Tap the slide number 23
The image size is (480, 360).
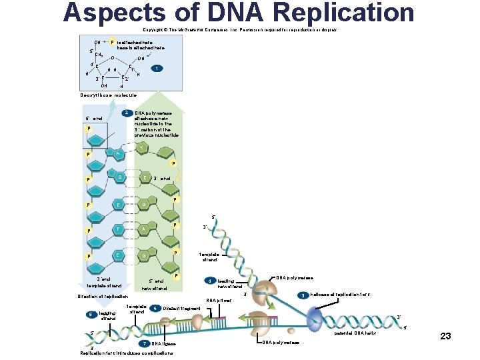445,336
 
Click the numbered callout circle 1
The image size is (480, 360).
155,68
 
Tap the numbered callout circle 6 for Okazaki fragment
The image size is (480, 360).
155,308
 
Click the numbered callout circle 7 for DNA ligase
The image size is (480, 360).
145,343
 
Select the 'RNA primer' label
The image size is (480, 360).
219,300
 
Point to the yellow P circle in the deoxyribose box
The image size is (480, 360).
112,41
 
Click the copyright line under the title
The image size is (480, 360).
239,30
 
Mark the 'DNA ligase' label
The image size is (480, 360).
164,343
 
